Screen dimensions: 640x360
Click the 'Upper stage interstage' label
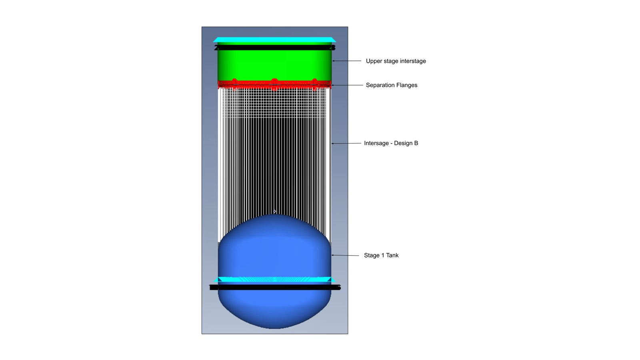point(396,61)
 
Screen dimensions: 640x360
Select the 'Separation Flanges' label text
point(392,85)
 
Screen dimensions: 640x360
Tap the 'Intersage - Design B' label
point(391,143)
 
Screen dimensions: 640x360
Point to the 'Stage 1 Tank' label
point(381,256)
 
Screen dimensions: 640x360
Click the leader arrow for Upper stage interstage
point(346,61)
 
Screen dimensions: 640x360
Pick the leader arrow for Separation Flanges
point(347,85)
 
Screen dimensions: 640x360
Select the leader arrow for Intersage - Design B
point(346,143)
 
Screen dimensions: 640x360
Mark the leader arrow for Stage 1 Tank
point(345,255)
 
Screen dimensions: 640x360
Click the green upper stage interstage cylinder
point(274,66)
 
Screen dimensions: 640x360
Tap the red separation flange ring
point(274,84)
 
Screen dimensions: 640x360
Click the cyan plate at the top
point(274,40)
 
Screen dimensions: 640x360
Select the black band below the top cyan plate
point(274,48)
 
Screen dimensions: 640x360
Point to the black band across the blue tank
point(274,287)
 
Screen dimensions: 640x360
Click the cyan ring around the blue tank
point(274,280)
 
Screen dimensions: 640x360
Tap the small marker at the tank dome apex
point(274,212)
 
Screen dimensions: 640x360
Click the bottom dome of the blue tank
point(274,312)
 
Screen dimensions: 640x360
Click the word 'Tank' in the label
point(392,256)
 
